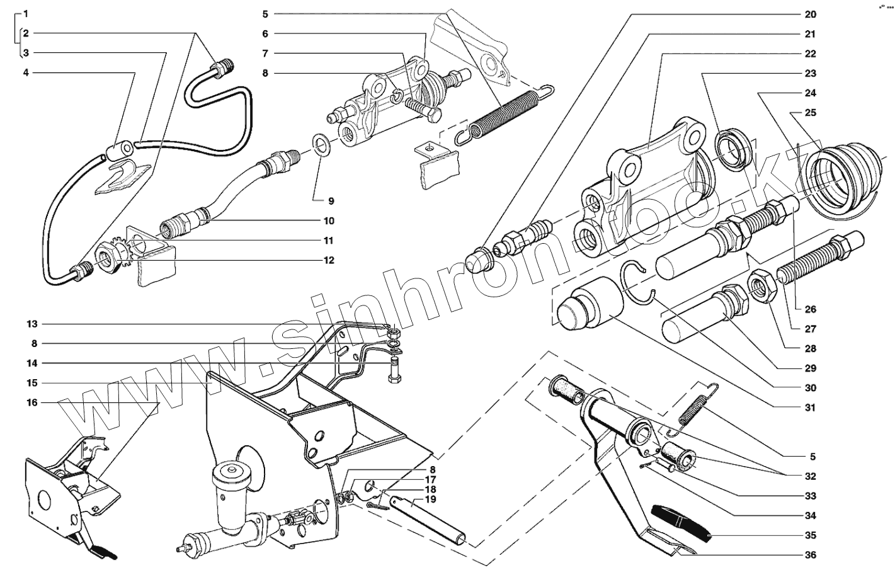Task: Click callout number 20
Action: [x=810, y=14]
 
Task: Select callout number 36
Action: [x=810, y=555]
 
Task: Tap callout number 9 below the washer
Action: [x=331, y=201]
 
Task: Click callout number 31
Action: [x=810, y=407]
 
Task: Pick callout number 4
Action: [x=26, y=73]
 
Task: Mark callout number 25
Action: [x=810, y=113]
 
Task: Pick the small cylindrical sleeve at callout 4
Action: [x=120, y=151]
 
